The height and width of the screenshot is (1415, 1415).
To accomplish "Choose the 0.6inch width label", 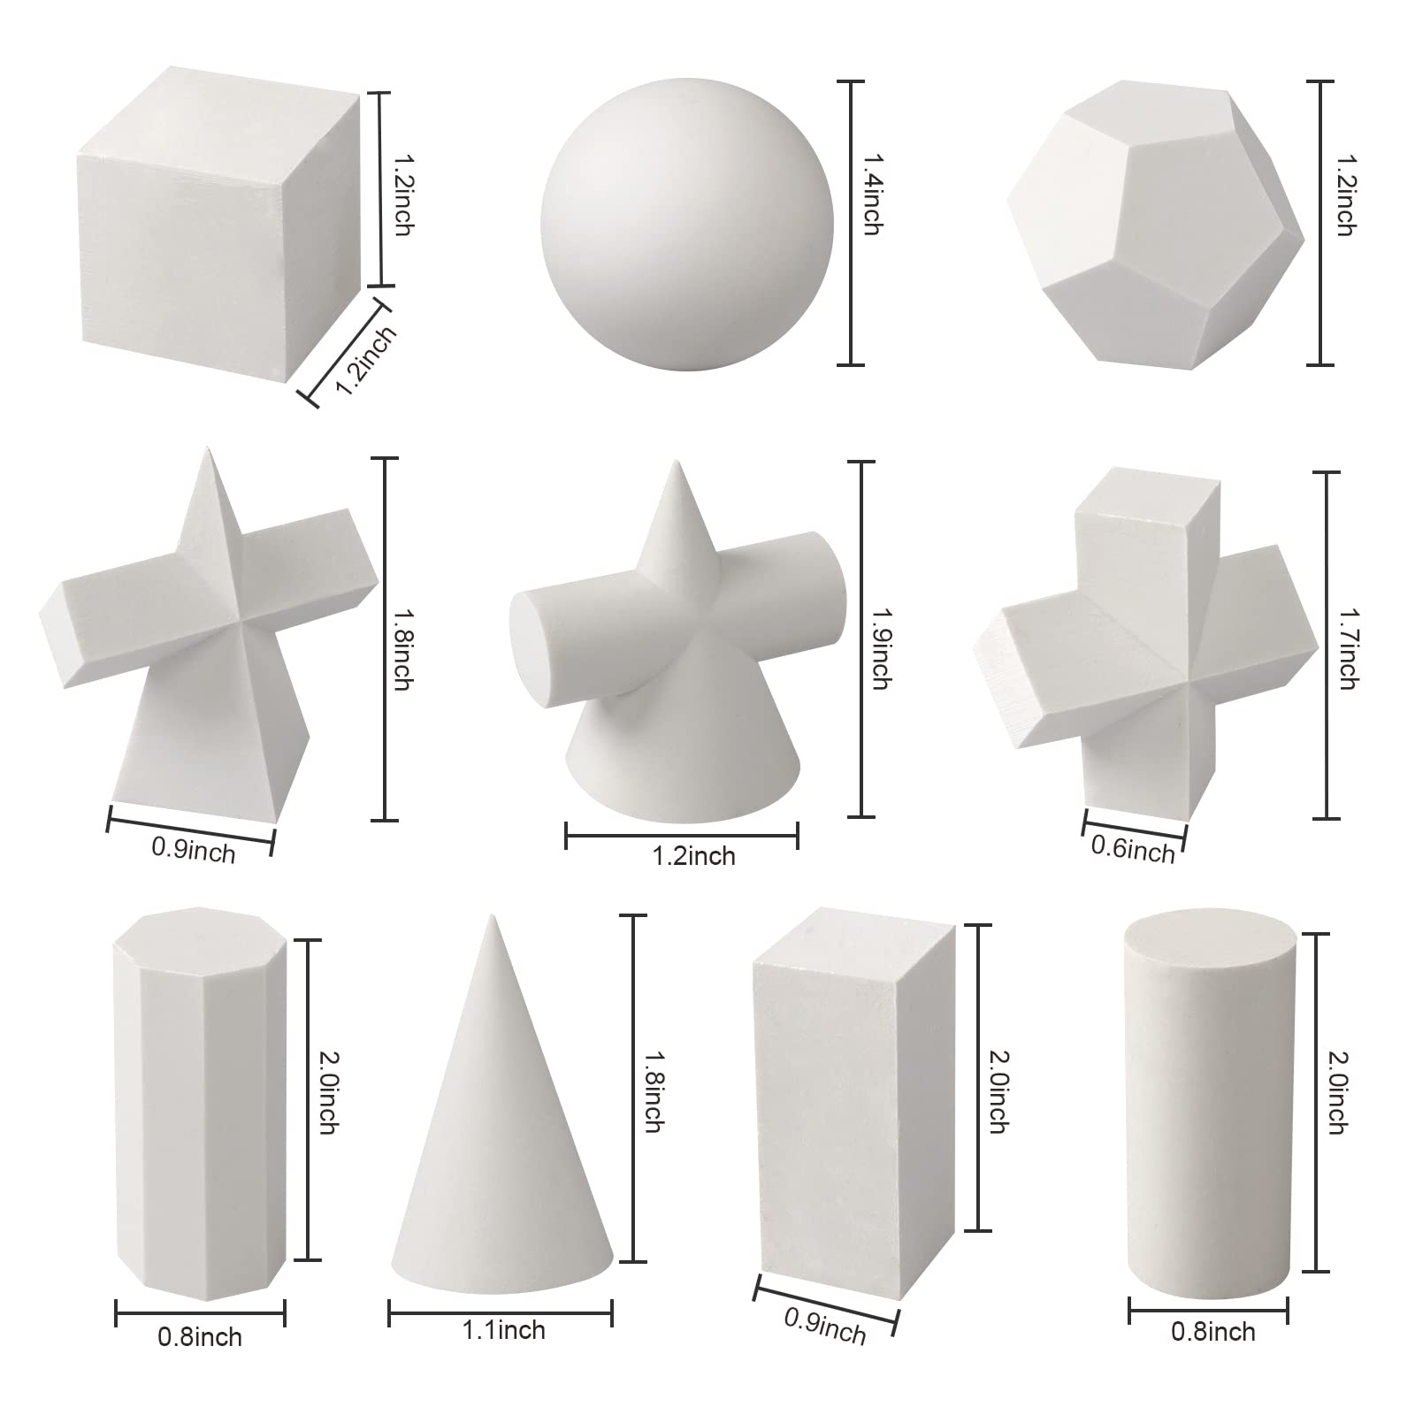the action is tap(1133, 849).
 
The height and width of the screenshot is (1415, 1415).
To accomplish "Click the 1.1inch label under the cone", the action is tap(504, 1329).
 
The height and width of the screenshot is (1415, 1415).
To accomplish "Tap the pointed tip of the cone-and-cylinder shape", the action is tap(677, 462).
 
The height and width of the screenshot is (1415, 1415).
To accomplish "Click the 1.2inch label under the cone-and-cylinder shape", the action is tap(694, 855).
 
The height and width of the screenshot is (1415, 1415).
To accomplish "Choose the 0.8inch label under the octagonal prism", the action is tap(200, 1336).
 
